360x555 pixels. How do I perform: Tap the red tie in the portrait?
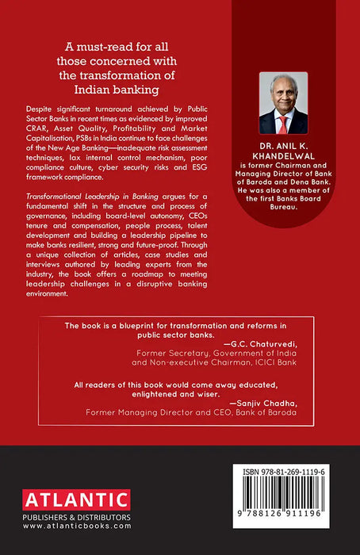283,124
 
